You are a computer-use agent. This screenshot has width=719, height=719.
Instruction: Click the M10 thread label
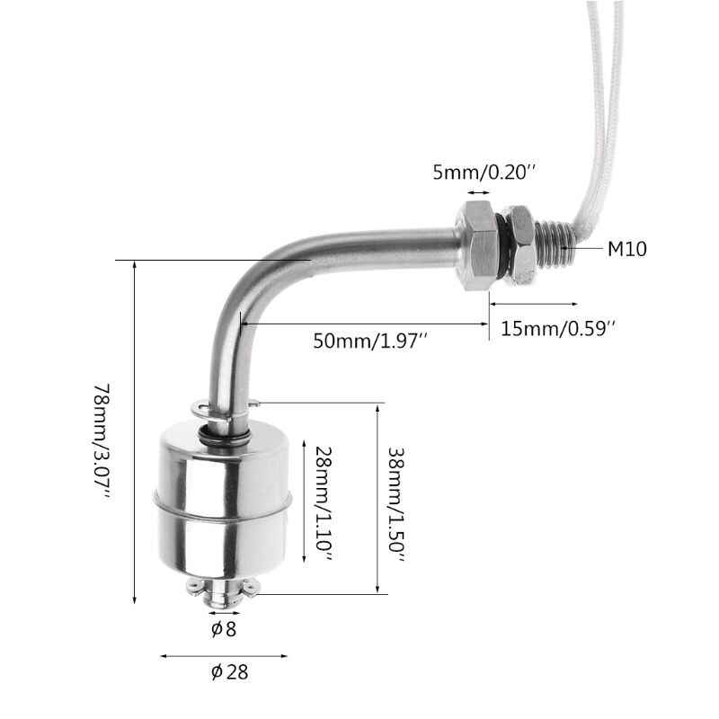click(626, 249)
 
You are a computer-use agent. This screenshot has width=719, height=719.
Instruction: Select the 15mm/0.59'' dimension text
click(558, 329)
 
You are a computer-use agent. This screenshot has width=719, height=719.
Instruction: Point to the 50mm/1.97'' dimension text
click(369, 341)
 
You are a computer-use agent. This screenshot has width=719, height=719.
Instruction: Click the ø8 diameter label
click(224, 629)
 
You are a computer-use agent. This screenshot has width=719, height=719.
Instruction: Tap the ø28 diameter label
click(229, 671)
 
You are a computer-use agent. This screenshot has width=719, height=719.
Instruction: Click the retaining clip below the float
click(222, 589)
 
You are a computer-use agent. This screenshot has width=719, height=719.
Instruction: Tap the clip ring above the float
click(226, 410)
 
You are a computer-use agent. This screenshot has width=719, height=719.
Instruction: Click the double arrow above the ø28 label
click(225, 656)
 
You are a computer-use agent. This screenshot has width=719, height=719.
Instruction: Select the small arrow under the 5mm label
click(477, 191)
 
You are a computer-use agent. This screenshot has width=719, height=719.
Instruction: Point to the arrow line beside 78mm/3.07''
click(135, 431)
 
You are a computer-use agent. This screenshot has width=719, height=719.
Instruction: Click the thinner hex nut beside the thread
click(519, 244)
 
